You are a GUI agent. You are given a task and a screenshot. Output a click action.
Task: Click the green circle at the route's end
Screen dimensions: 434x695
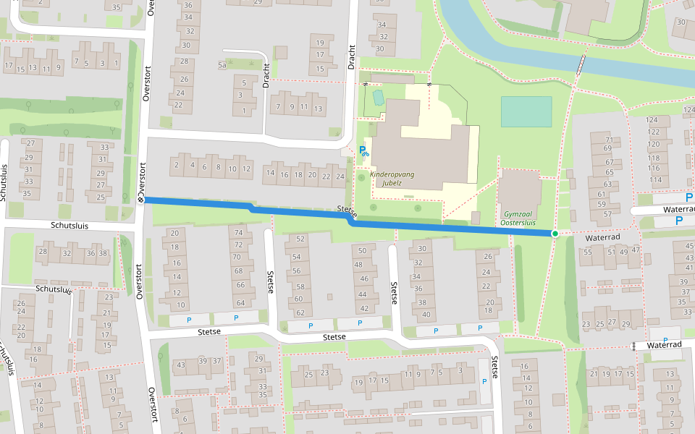555,234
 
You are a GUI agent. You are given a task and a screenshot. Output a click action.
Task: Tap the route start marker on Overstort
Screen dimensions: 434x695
140,200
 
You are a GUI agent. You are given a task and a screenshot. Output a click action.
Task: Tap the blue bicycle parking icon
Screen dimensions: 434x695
364,152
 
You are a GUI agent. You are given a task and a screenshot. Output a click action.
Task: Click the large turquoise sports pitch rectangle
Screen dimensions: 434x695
526,111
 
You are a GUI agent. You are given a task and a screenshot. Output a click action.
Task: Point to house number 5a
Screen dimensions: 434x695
222,65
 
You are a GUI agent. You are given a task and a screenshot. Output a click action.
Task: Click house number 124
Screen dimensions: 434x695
653,120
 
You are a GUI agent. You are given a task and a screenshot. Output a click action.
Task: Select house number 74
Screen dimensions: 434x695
236,233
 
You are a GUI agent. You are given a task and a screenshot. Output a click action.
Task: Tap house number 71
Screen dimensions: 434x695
609,140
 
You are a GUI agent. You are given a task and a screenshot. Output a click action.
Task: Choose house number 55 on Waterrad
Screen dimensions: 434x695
588,252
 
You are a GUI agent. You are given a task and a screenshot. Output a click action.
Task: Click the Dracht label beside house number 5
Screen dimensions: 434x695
266,75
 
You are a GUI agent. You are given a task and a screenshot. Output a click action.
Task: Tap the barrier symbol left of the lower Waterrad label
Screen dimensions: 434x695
633,346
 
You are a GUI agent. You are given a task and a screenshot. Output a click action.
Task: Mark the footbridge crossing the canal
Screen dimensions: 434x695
581,66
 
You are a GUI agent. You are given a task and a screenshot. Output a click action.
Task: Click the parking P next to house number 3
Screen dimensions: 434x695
484,381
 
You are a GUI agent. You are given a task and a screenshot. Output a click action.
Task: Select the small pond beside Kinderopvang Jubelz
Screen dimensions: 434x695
377,96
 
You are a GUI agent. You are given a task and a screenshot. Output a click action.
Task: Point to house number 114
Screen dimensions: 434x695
655,179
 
